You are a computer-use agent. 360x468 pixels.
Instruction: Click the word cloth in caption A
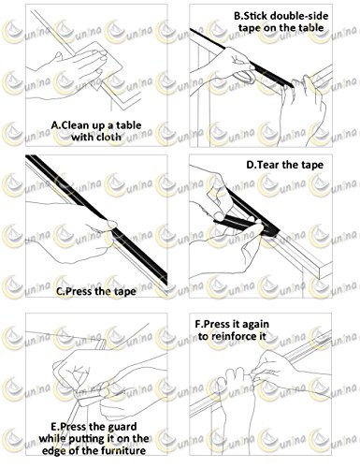106,137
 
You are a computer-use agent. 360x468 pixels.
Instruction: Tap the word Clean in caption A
75,125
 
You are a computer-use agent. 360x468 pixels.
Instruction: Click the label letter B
238,16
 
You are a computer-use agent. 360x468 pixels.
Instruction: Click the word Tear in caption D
267,165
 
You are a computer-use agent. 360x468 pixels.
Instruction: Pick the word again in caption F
254,325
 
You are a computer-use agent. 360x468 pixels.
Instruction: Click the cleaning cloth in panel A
100,67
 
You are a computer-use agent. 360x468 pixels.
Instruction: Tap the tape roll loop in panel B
245,77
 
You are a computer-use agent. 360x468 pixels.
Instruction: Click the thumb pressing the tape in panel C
109,225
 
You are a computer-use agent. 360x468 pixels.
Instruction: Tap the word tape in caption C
124,292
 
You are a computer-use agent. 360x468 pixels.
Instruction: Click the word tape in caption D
312,165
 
